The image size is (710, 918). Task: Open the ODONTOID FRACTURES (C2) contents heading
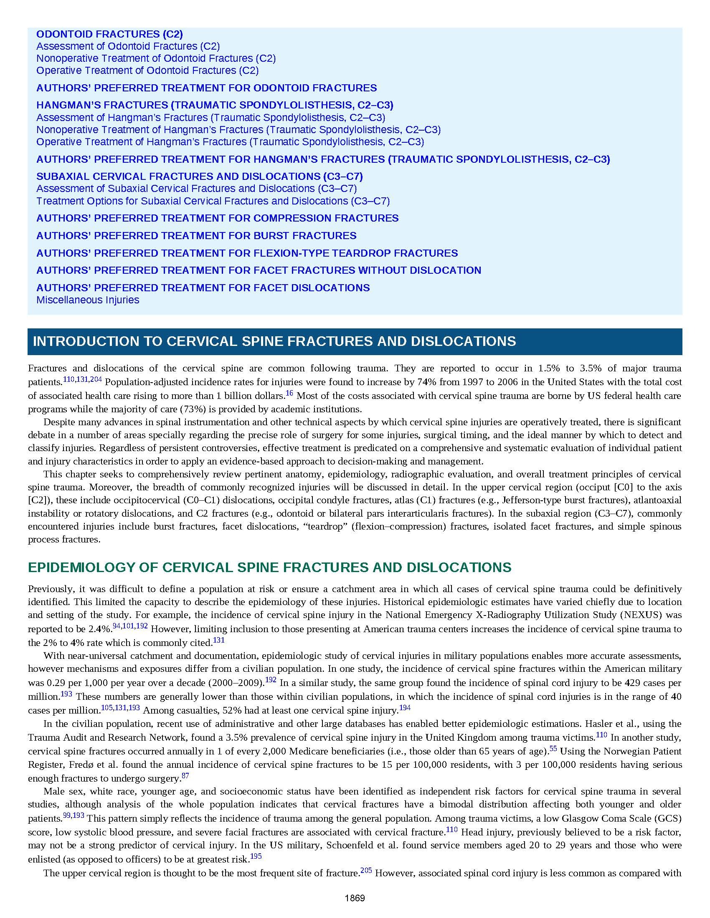[109, 34]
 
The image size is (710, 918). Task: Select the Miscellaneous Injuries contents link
[87, 300]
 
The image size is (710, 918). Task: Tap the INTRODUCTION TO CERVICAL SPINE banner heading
[274, 341]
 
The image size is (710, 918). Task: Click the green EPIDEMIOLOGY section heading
[269, 567]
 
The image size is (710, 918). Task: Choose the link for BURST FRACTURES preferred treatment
[196, 235]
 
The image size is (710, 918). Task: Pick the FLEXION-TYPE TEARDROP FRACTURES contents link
[247, 253]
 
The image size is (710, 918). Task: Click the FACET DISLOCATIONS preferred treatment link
[203, 288]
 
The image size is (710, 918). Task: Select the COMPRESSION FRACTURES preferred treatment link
[217, 218]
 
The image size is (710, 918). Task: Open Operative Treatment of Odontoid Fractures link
[147, 70]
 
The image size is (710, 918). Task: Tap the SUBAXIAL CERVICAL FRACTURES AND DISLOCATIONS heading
[199, 176]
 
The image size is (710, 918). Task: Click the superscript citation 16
[289, 393]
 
